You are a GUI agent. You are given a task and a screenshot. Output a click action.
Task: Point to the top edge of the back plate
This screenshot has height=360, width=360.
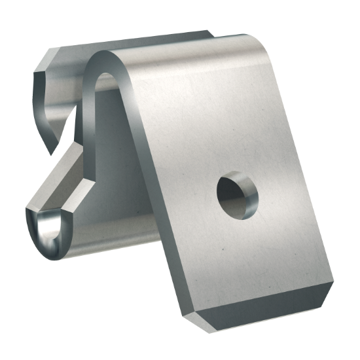click(131, 41)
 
